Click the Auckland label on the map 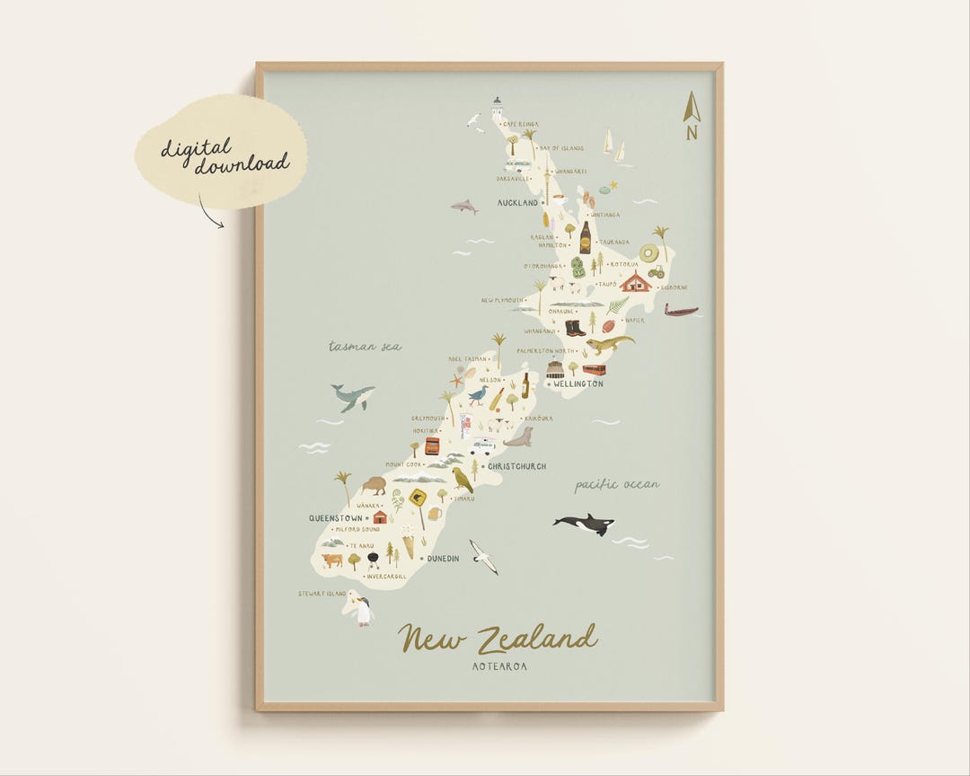tap(518, 203)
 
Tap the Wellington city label tap(578, 384)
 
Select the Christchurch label tap(516, 466)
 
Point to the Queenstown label tap(336, 518)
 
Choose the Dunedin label tap(443, 559)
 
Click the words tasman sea tap(365, 346)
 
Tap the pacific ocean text tap(617, 485)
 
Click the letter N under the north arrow tap(692, 133)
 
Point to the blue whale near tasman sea tap(352, 395)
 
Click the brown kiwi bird tap(374, 485)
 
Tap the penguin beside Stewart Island tap(363, 611)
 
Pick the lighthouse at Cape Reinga tap(497, 109)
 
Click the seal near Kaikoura tap(519, 437)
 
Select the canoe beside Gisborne tap(681, 311)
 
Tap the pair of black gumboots tap(575, 328)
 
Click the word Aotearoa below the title tap(499, 666)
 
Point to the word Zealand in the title tap(536, 639)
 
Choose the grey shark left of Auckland tap(464, 207)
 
